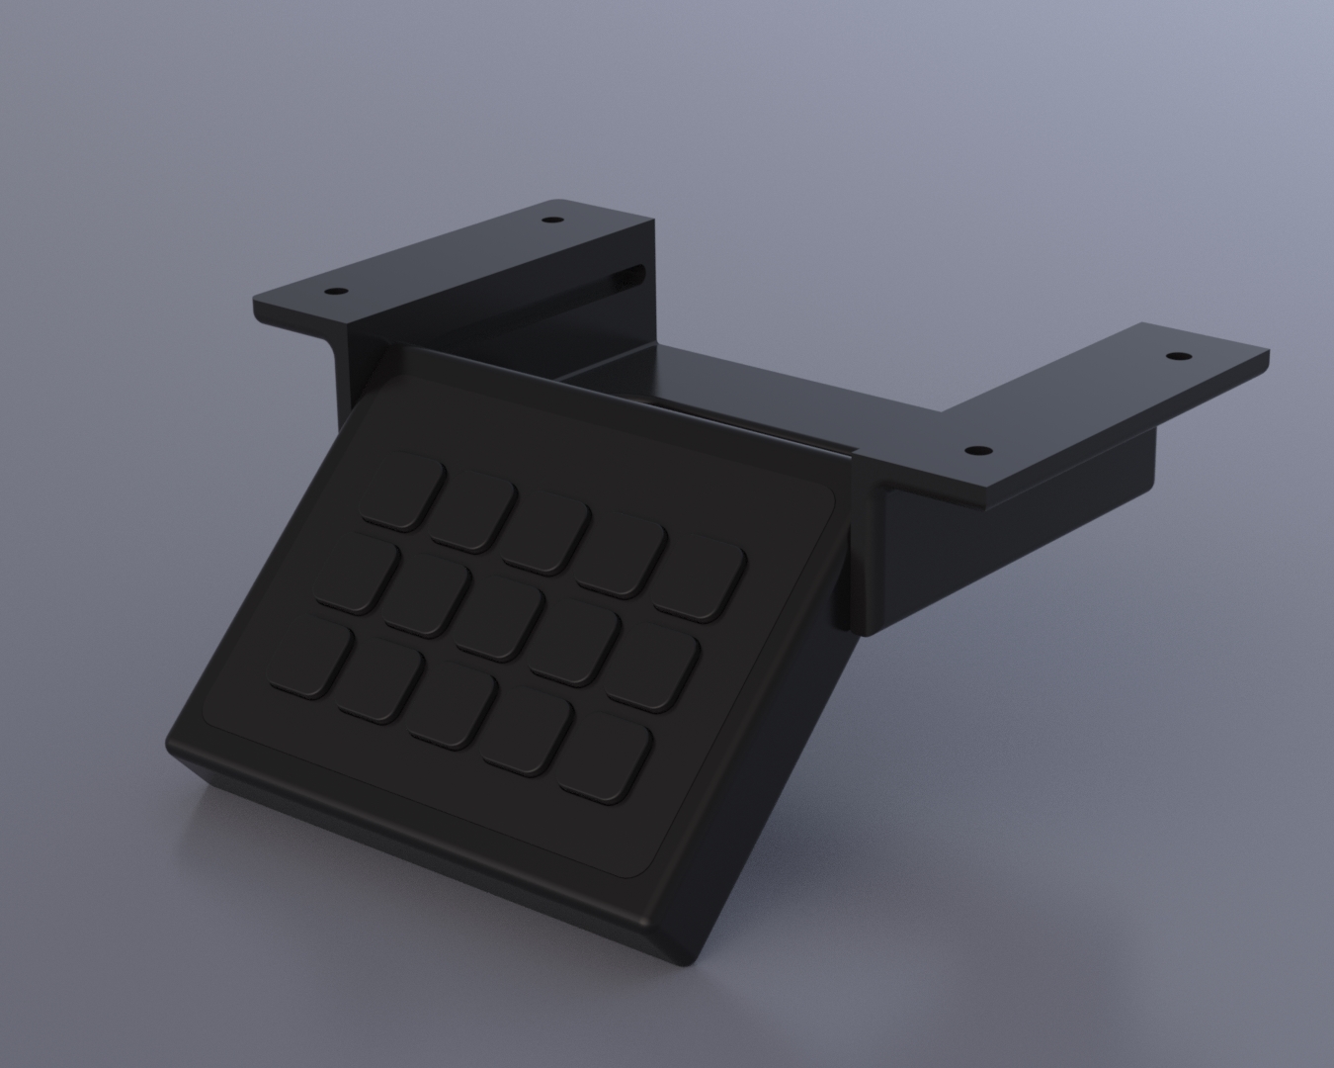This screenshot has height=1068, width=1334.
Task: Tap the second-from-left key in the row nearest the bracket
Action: (472, 510)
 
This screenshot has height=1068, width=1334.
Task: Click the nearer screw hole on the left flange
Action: (336, 292)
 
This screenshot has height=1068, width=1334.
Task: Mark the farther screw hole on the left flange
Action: (550, 219)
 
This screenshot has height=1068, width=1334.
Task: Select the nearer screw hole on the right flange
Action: (976, 450)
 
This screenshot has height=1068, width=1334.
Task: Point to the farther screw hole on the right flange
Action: (1175, 356)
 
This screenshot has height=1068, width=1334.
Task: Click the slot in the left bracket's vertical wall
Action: (628, 277)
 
